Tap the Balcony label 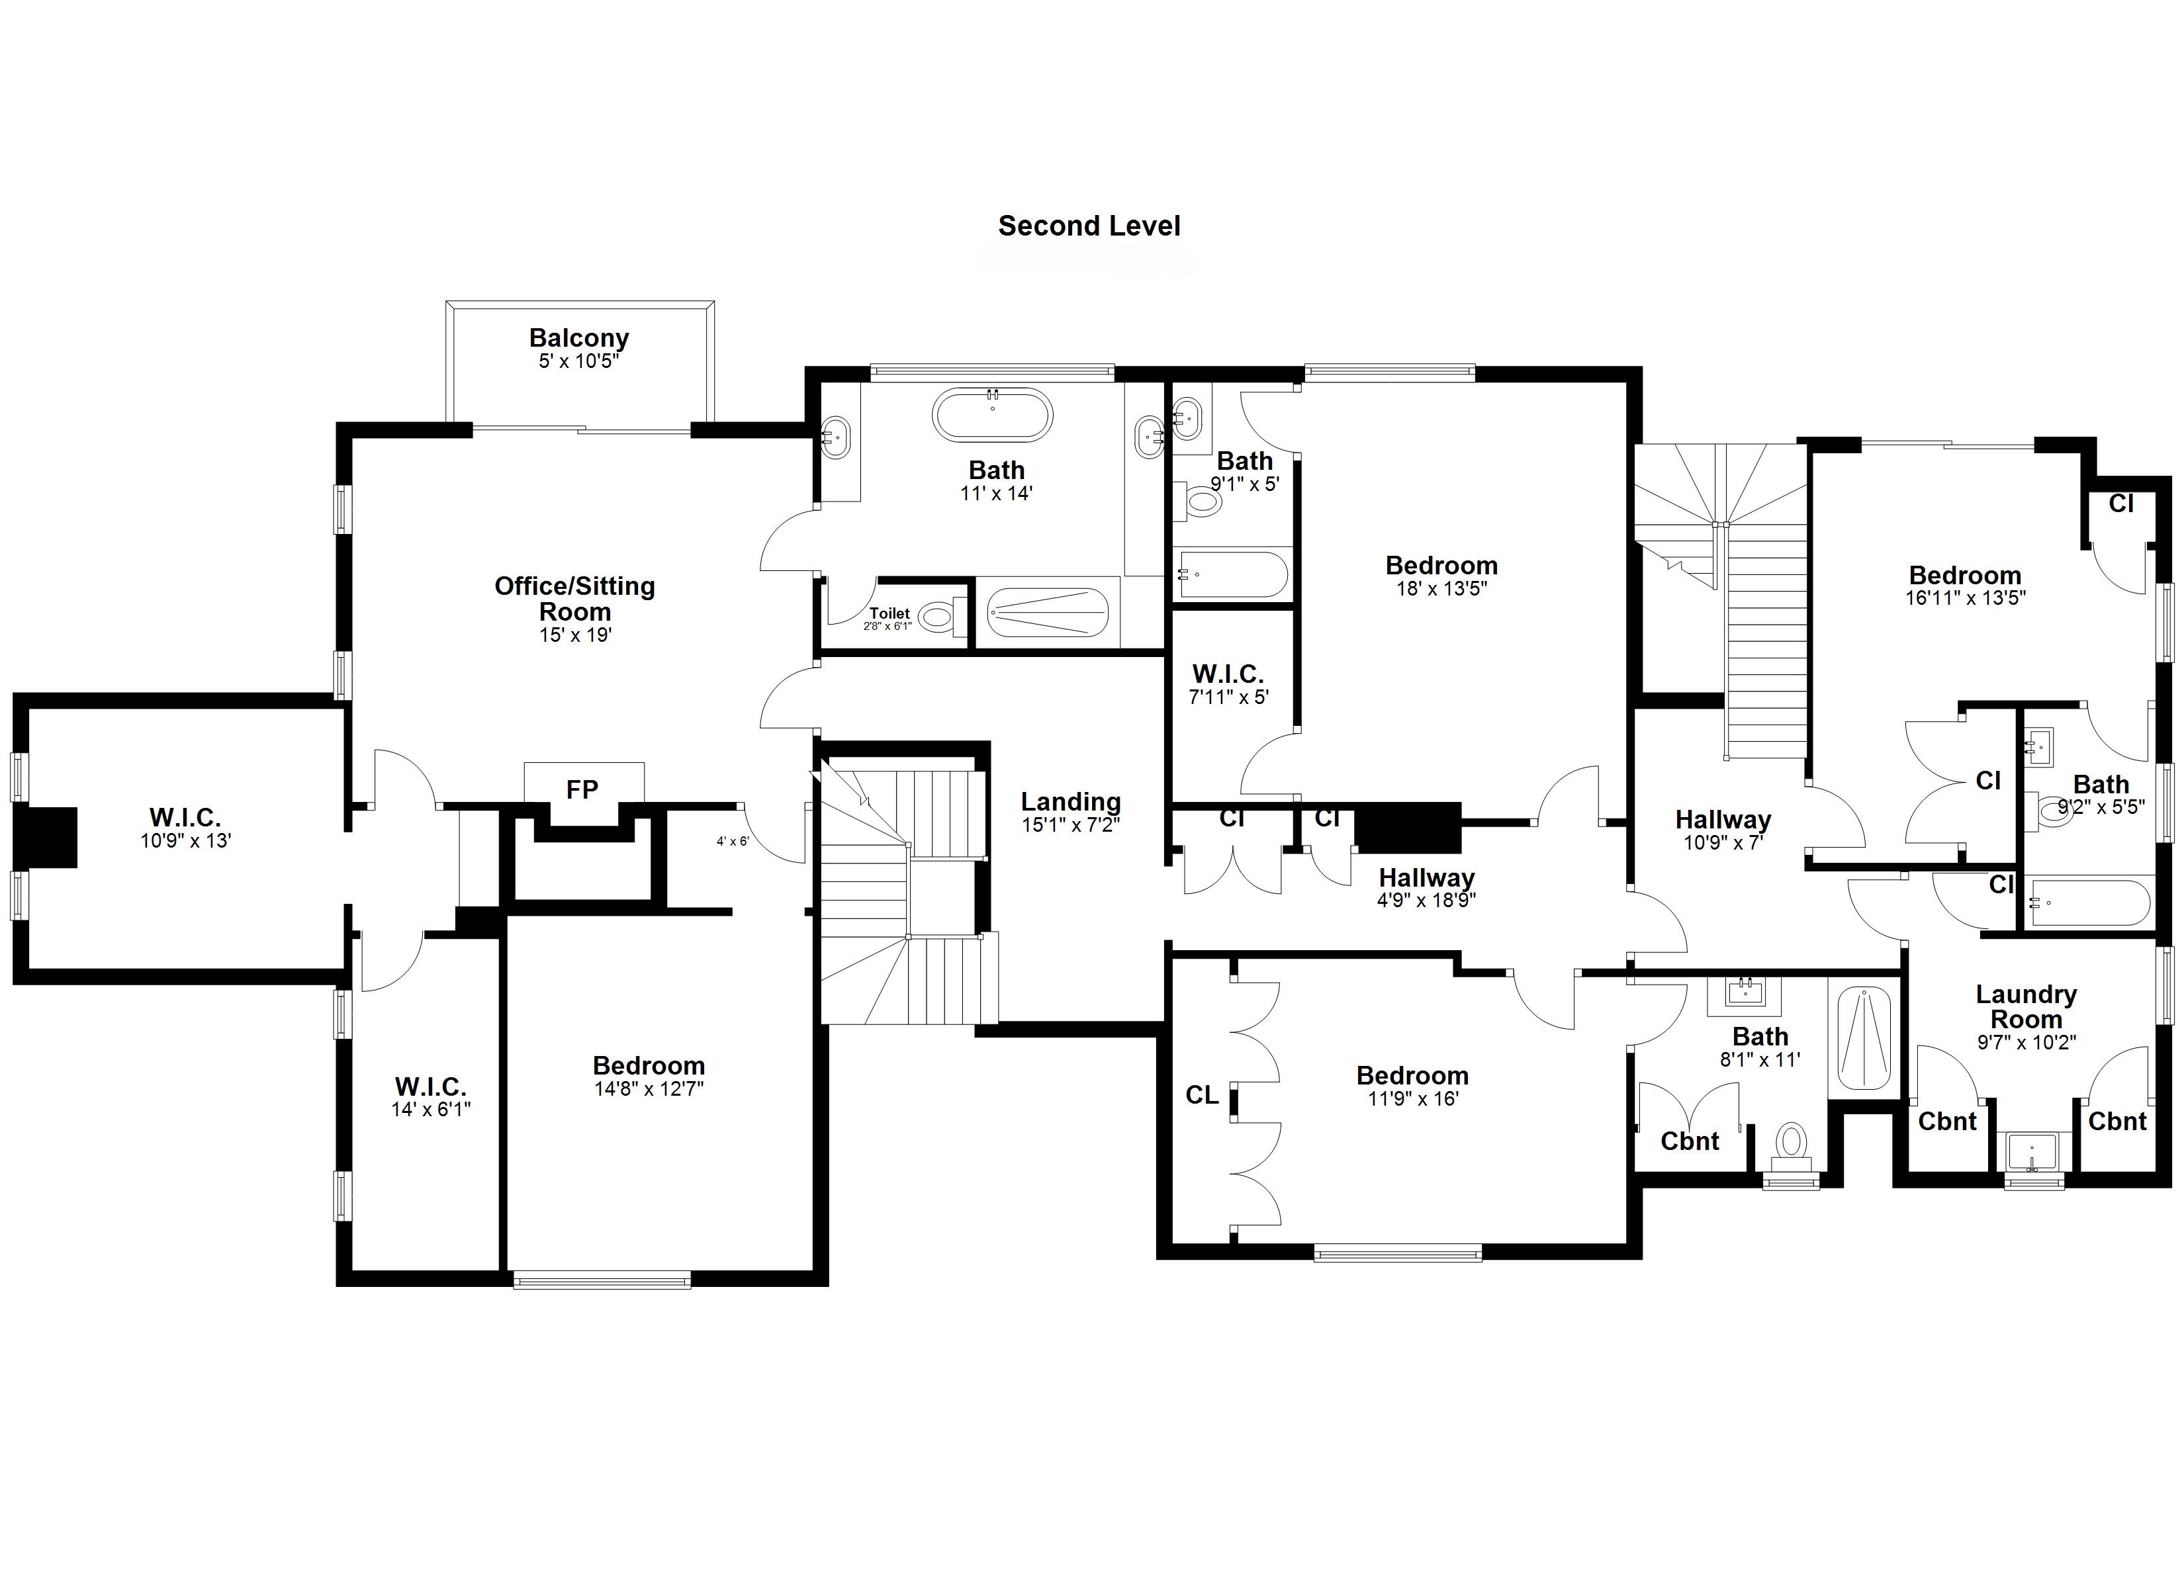pyautogui.click(x=578, y=338)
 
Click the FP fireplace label pyautogui.click(x=582, y=789)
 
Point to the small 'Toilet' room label pyautogui.click(x=889, y=613)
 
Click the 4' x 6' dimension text pyautogui.click(x=732, y=841)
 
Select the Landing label pyautogui.click(x=1070, y=801)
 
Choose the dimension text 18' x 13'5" pyautogui.click(x=1441, y=588)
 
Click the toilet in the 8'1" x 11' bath pyautogui.click(x=1790, y=1144)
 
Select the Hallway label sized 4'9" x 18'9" pyautogui.click(x=1426, y=877)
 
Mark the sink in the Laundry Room pyautogui.click(x=2032, y=1153)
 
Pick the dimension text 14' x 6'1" pyautogui.click(x=430, y=1110)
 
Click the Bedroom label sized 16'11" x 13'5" pyautogui.click(x=1964, y=575)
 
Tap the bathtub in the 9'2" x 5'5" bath pyautogui.click(x=2085, y=903)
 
